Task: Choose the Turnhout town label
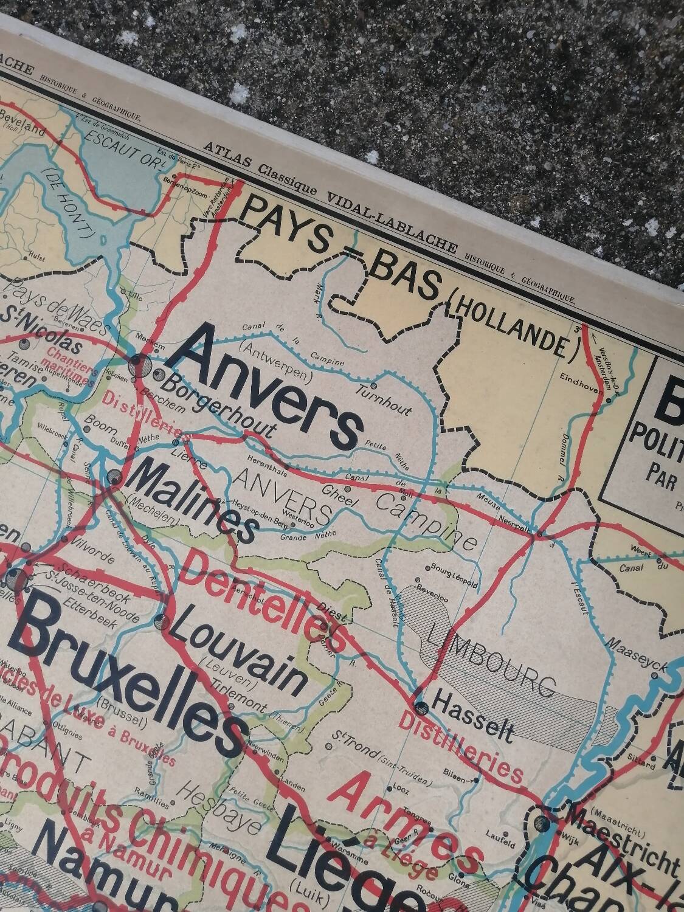(x=392, y=397)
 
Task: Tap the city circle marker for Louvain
(x=161, y=621)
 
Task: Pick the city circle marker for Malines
(x=114, y=476)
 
